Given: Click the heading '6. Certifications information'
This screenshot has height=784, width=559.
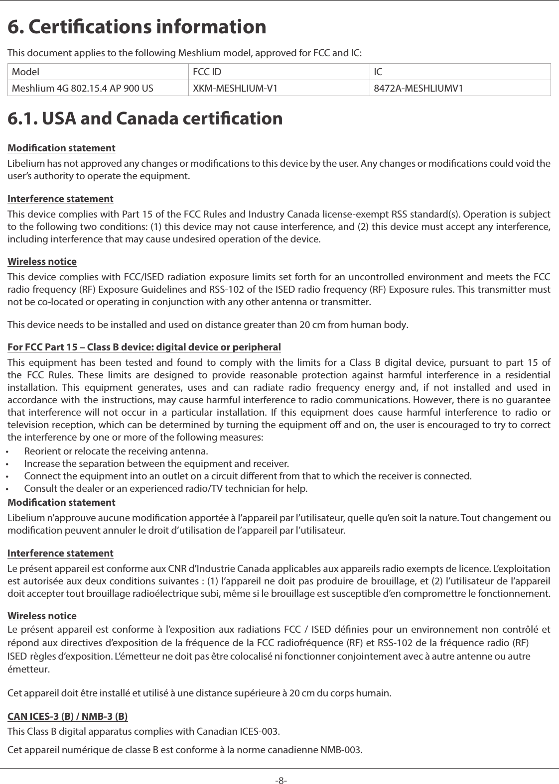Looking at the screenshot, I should (137, 27).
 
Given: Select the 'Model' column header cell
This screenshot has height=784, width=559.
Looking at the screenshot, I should (26, 72).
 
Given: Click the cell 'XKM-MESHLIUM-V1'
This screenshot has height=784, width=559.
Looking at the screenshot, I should (235, 89).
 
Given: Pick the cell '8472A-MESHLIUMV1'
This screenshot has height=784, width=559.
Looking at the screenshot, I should (418, 89).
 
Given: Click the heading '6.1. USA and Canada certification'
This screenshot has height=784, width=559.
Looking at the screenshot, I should (145, 118).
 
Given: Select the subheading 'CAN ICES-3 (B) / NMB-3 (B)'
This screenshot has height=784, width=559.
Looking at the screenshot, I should (68, 717).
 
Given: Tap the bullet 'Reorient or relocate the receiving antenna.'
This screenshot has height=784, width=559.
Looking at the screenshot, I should (116, 451).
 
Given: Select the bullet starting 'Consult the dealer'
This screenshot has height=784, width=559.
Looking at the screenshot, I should (166, 488).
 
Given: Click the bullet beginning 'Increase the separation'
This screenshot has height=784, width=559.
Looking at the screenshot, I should (156, 464).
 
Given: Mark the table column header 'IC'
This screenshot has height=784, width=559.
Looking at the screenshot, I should (378, 72).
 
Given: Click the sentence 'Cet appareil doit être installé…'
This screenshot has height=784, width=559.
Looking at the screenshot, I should (199, 693).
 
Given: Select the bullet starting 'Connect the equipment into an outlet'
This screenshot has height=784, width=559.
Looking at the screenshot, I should (248, 476).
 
